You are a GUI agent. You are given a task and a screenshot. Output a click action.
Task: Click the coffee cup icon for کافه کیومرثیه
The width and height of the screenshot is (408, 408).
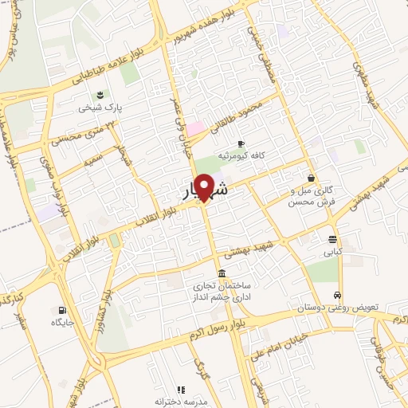[241, 143]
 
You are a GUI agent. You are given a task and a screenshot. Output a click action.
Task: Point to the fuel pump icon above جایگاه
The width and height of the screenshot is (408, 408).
[63, 310]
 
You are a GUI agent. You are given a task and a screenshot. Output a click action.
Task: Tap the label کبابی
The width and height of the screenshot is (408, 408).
[331, 252]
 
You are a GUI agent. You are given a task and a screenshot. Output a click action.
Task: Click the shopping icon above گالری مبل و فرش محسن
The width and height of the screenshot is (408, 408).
[310, 178]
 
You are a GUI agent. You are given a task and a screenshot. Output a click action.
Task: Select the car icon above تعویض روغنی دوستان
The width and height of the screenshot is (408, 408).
[338, 294]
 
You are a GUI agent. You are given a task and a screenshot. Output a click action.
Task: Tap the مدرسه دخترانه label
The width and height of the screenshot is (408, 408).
[181, 402]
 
